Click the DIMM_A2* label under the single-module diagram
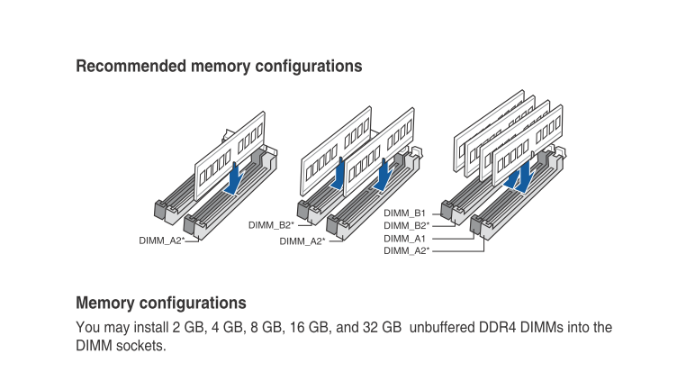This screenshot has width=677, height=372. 161,240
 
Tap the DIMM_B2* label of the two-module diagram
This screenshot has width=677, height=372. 271,225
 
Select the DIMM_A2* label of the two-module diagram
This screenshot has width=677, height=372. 302,241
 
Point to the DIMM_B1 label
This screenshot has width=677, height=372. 404,213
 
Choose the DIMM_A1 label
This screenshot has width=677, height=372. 404,239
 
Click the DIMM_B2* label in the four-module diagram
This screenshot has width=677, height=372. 407,225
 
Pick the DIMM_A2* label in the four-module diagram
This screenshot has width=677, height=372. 407,250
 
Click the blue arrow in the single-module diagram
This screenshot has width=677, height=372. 234,179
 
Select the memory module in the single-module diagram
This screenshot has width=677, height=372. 230,156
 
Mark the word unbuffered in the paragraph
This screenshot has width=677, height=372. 442,328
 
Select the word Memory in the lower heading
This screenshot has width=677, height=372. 105,304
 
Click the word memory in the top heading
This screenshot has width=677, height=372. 221,66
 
